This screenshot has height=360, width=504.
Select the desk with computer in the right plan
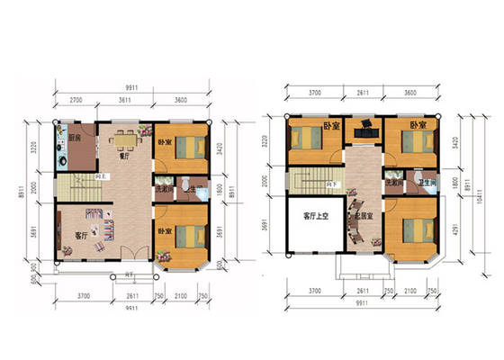pos(364,130)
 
